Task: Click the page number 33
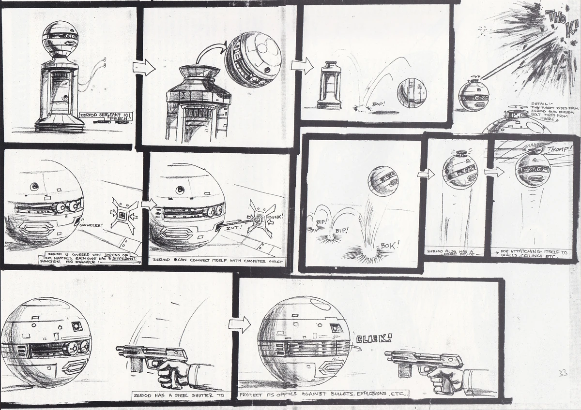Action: (563, 373)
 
